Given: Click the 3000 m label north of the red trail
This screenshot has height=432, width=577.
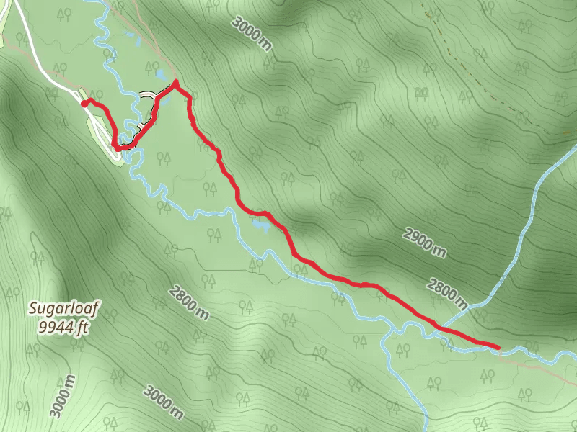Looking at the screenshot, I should tap(252, 32).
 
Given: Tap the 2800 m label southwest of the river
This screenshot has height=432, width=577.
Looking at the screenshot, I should tap(189, 302).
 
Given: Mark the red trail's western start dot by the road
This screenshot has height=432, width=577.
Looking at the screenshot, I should tap(84, 104).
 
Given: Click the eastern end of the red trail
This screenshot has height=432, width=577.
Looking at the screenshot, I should tap(498, 348).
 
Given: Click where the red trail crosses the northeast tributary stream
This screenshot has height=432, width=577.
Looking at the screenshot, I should tap(441, 328).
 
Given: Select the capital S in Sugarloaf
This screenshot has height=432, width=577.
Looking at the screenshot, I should tap(33, 310).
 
